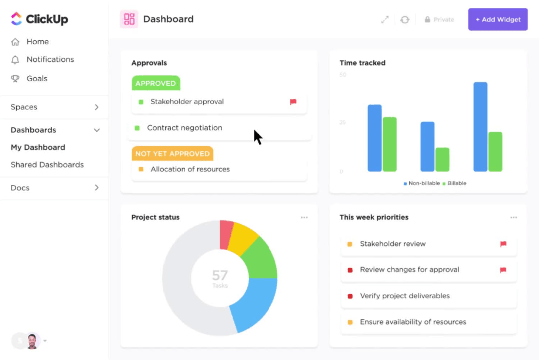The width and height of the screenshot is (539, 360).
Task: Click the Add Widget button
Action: pos(498,19)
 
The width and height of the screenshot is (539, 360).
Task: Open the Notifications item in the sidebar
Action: pos(50,59)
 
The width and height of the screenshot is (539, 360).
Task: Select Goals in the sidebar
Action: pos(37,78)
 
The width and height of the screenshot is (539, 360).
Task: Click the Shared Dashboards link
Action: pos(47,165)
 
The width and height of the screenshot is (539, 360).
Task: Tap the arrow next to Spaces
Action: pos(97,107)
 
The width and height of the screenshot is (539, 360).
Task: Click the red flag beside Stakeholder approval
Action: pos(293,102)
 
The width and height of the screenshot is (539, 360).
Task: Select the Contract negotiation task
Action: pos(184,128)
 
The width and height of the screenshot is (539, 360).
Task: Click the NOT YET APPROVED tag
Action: pos(172,154)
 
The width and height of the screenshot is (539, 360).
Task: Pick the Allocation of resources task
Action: pos(190,169)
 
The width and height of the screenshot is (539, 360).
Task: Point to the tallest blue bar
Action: pos(480,127)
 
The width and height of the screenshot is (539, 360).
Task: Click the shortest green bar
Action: pos(442,159)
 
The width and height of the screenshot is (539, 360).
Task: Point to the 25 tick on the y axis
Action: pos(342,122)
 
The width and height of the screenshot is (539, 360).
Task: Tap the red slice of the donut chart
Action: pos(226,234)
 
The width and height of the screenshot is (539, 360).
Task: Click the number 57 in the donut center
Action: pos(220,275)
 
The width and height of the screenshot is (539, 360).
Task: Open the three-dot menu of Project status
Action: pos(304,217)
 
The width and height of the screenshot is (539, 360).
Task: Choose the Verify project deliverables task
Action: pos(405,296)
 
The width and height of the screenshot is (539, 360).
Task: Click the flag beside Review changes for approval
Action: pos(503,270)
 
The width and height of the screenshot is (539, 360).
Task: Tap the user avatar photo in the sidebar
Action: pos(33,341)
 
